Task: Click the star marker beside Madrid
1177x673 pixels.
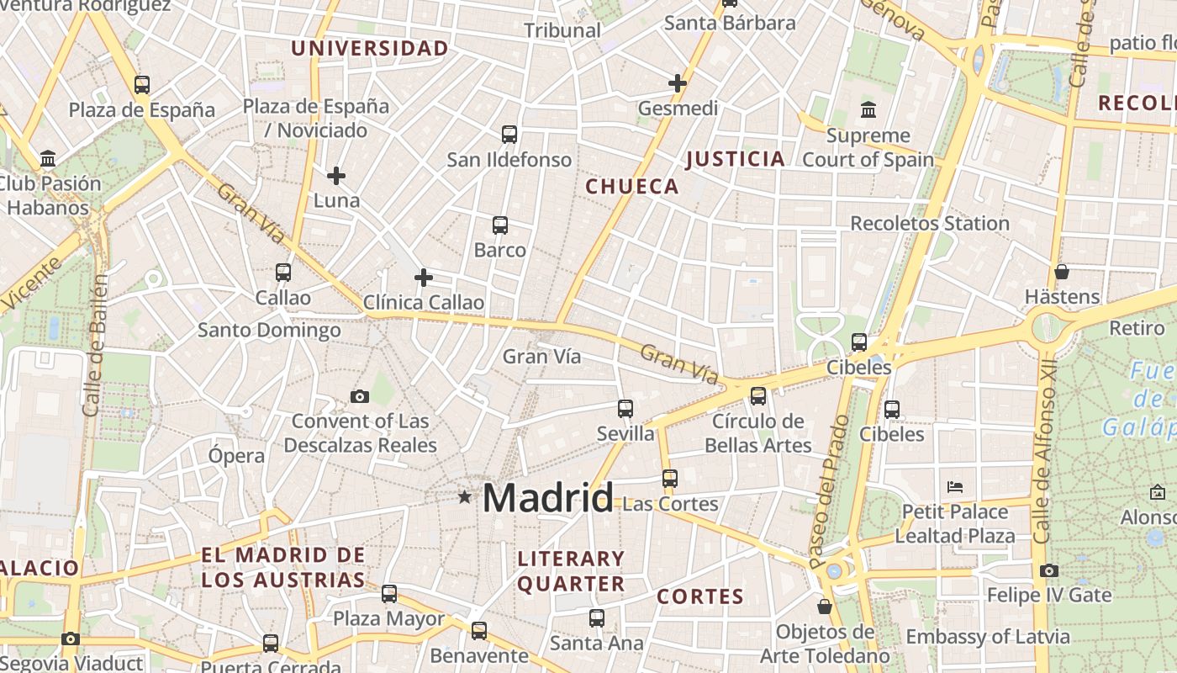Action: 464,497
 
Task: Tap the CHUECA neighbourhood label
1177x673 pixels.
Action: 632,187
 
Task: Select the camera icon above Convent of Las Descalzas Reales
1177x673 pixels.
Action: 360,396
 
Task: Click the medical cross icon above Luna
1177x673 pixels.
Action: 336,176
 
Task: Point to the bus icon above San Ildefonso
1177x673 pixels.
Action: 509,135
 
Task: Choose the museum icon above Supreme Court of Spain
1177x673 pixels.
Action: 868,110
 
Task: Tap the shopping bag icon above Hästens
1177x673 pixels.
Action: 1062,272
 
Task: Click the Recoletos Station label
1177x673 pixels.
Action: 930,224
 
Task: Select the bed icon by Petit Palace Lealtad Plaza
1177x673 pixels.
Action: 954,487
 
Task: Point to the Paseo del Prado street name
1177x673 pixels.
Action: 830,491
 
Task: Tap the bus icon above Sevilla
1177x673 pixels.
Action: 625,409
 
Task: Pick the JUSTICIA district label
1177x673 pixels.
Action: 736,159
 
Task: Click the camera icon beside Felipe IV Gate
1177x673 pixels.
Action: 1048,570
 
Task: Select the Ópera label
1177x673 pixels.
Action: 236,456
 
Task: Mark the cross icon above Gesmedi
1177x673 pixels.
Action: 678,83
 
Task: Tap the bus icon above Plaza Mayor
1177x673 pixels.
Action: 389,594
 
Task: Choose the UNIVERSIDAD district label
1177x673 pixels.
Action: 370,49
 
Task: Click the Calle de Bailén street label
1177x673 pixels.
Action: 95,345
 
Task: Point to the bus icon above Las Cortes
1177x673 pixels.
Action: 670,479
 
